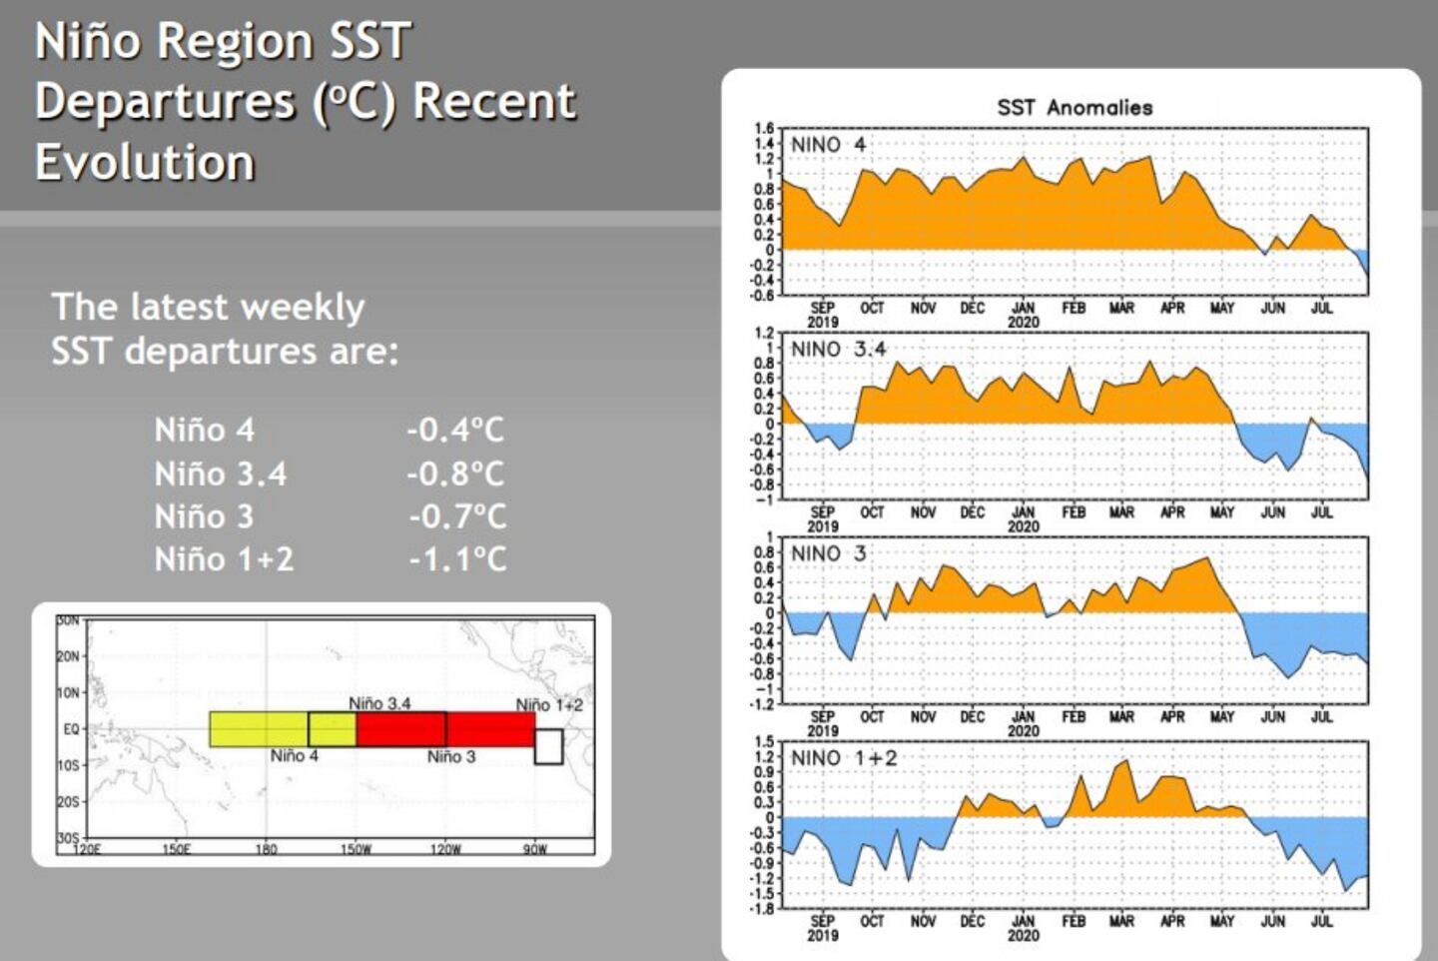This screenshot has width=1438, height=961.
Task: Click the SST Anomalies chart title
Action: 1075,107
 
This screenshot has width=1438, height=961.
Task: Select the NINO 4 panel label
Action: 829,145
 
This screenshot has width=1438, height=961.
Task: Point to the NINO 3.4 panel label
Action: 838,349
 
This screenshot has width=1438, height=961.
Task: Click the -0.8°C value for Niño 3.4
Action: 455,474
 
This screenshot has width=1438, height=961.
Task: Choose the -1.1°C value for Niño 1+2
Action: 457,559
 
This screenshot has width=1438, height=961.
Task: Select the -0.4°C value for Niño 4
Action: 455,431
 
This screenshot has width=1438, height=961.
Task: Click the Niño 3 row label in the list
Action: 204,516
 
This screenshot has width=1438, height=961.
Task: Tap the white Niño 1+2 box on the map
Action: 548,746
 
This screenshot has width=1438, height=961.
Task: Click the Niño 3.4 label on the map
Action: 379,703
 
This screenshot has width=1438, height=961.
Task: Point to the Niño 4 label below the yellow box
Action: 294,756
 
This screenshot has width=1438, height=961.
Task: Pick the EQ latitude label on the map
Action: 71,729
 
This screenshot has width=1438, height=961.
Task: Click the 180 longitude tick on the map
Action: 266,849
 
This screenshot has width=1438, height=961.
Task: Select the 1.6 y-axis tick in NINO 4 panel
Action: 764,128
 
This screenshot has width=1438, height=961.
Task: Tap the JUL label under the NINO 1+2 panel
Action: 1321,920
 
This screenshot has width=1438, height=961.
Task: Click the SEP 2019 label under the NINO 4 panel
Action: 822,315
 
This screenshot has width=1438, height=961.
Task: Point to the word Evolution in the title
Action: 145,162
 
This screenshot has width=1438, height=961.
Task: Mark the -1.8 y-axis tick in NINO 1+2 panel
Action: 762,908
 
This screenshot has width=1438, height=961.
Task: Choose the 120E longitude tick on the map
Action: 87,849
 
